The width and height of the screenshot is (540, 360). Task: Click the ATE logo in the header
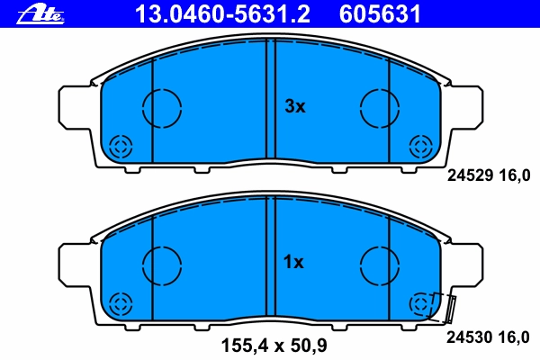click(x=40, y=15)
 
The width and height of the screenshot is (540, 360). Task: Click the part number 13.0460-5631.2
click(x=222, y=14)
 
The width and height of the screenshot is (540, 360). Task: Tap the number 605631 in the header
click(x=380, y=14)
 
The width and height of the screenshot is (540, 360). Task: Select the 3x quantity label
click(x=295, y=106)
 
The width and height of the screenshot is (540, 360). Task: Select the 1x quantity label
click(x=293, y=263)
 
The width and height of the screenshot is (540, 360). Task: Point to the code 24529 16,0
click(x=489, y=176)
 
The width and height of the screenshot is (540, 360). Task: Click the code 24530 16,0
click(x=488, y=337)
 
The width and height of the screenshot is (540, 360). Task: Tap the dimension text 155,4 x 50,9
click(x=274, y=346)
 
